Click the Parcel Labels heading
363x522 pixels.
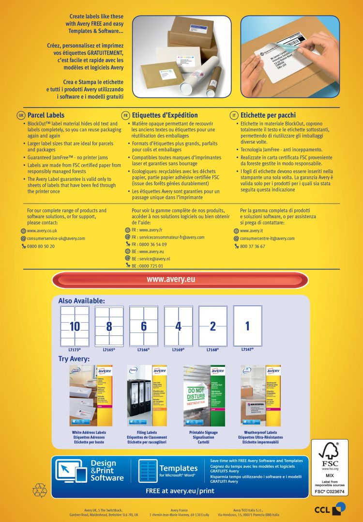click(x=46, y=115)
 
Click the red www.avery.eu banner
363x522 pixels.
click(x=180, y=280)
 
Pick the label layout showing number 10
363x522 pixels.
click(x=75, y=326)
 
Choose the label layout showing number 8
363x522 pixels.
click(x=109, y=326)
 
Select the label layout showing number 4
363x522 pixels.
click(x=178, y=326)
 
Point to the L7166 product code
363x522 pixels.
click(x=143, y=349)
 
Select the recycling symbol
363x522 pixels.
click(x=39, y=490)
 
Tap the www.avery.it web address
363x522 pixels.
click(x=251, y=231)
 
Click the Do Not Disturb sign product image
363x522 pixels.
click(x=204, y=395)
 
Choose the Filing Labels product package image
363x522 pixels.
click(x=147, y=395)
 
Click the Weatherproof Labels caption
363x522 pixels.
click(x=260, y=432)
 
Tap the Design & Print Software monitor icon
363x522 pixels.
click(x=72, y=470)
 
